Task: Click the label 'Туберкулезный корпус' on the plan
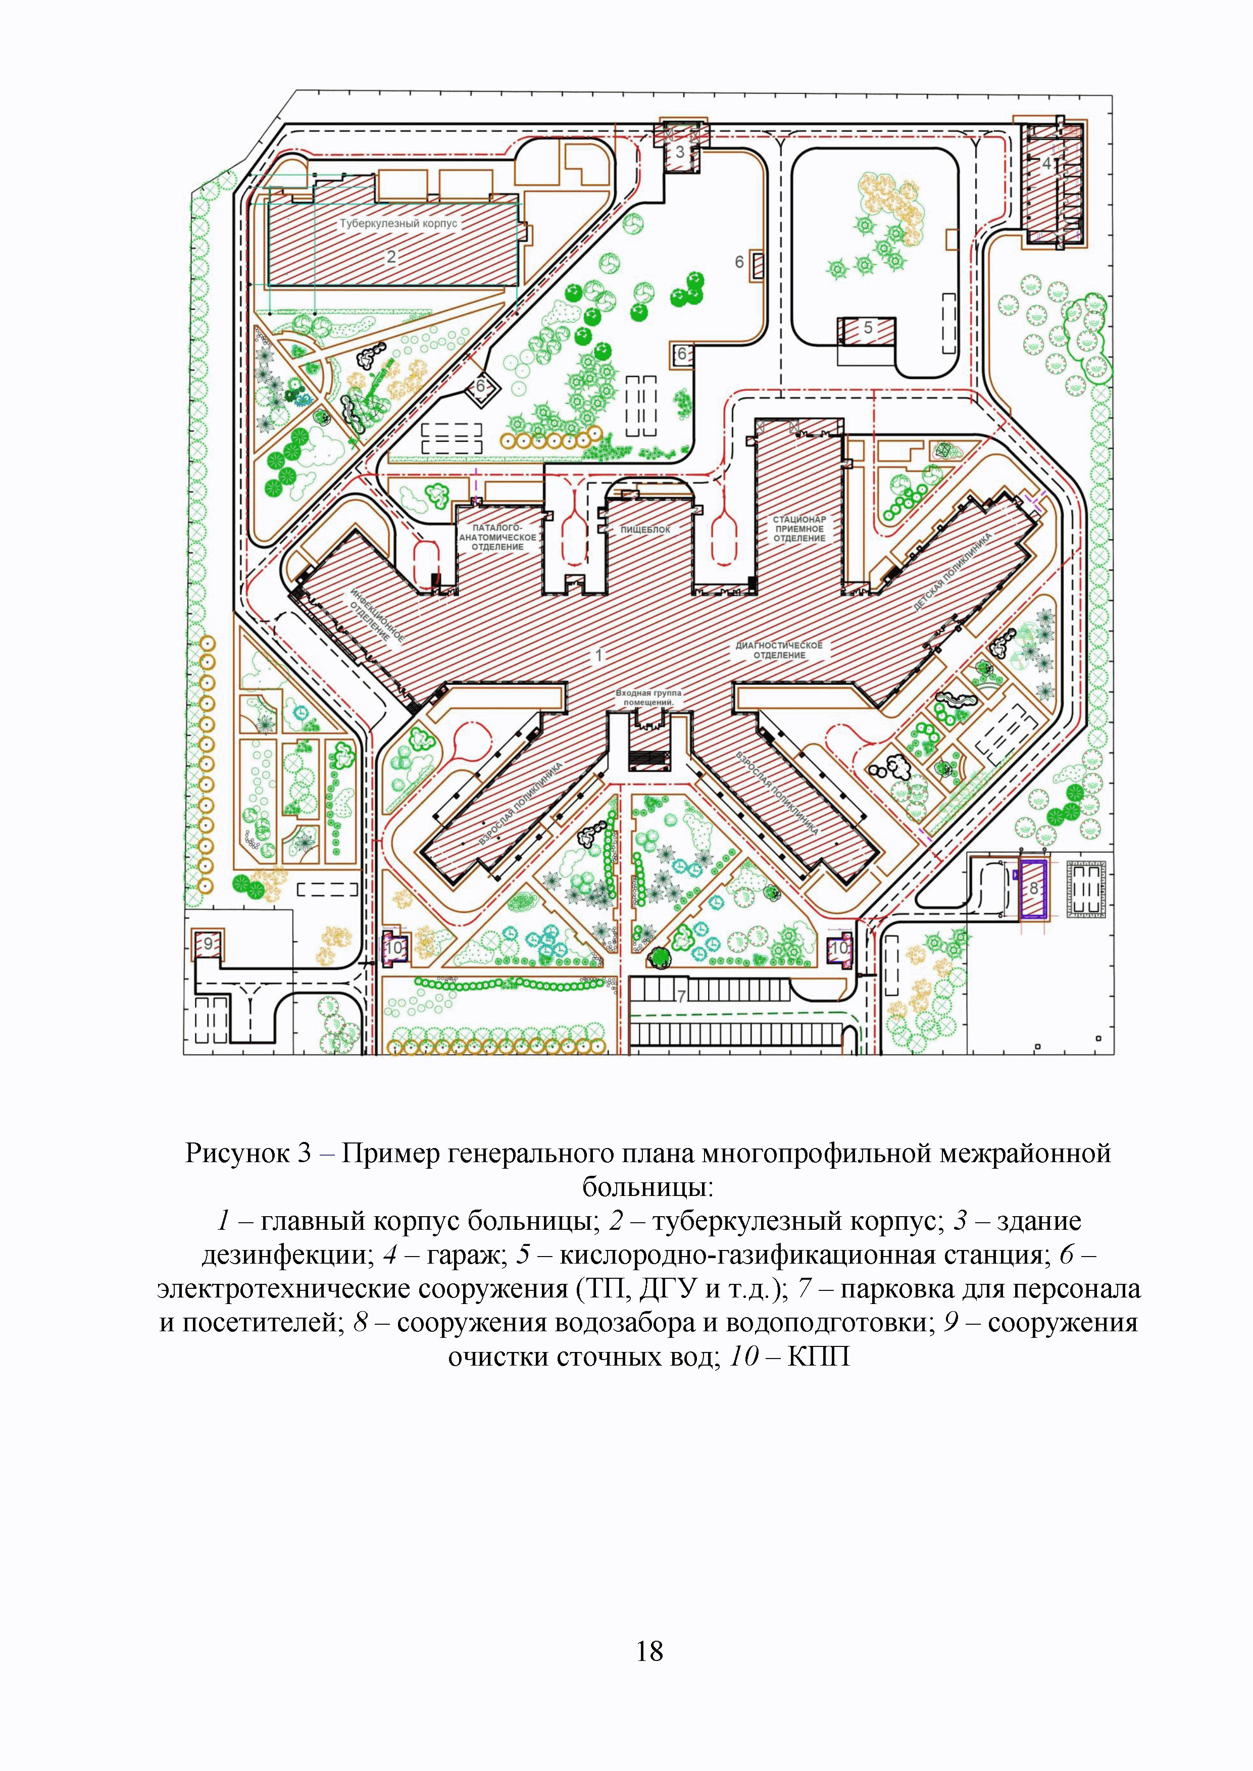(x=399, y=224)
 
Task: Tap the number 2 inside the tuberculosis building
(x=391, y=257)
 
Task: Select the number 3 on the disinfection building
(x=680, y=152)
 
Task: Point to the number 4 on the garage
(x=1046, y=164)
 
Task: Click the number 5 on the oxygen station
(x=868, y=328)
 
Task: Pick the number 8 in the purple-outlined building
(x=1034, y=889)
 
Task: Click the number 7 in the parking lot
(x=681, y=997)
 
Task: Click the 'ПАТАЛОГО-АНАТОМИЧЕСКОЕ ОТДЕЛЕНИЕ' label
(x=497, y=537)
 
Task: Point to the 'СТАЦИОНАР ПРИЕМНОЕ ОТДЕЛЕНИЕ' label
(x=799, y=529)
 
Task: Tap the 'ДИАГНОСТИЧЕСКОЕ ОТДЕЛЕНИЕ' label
(x=779, y=650)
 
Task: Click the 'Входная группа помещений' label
(x=649, y=698)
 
